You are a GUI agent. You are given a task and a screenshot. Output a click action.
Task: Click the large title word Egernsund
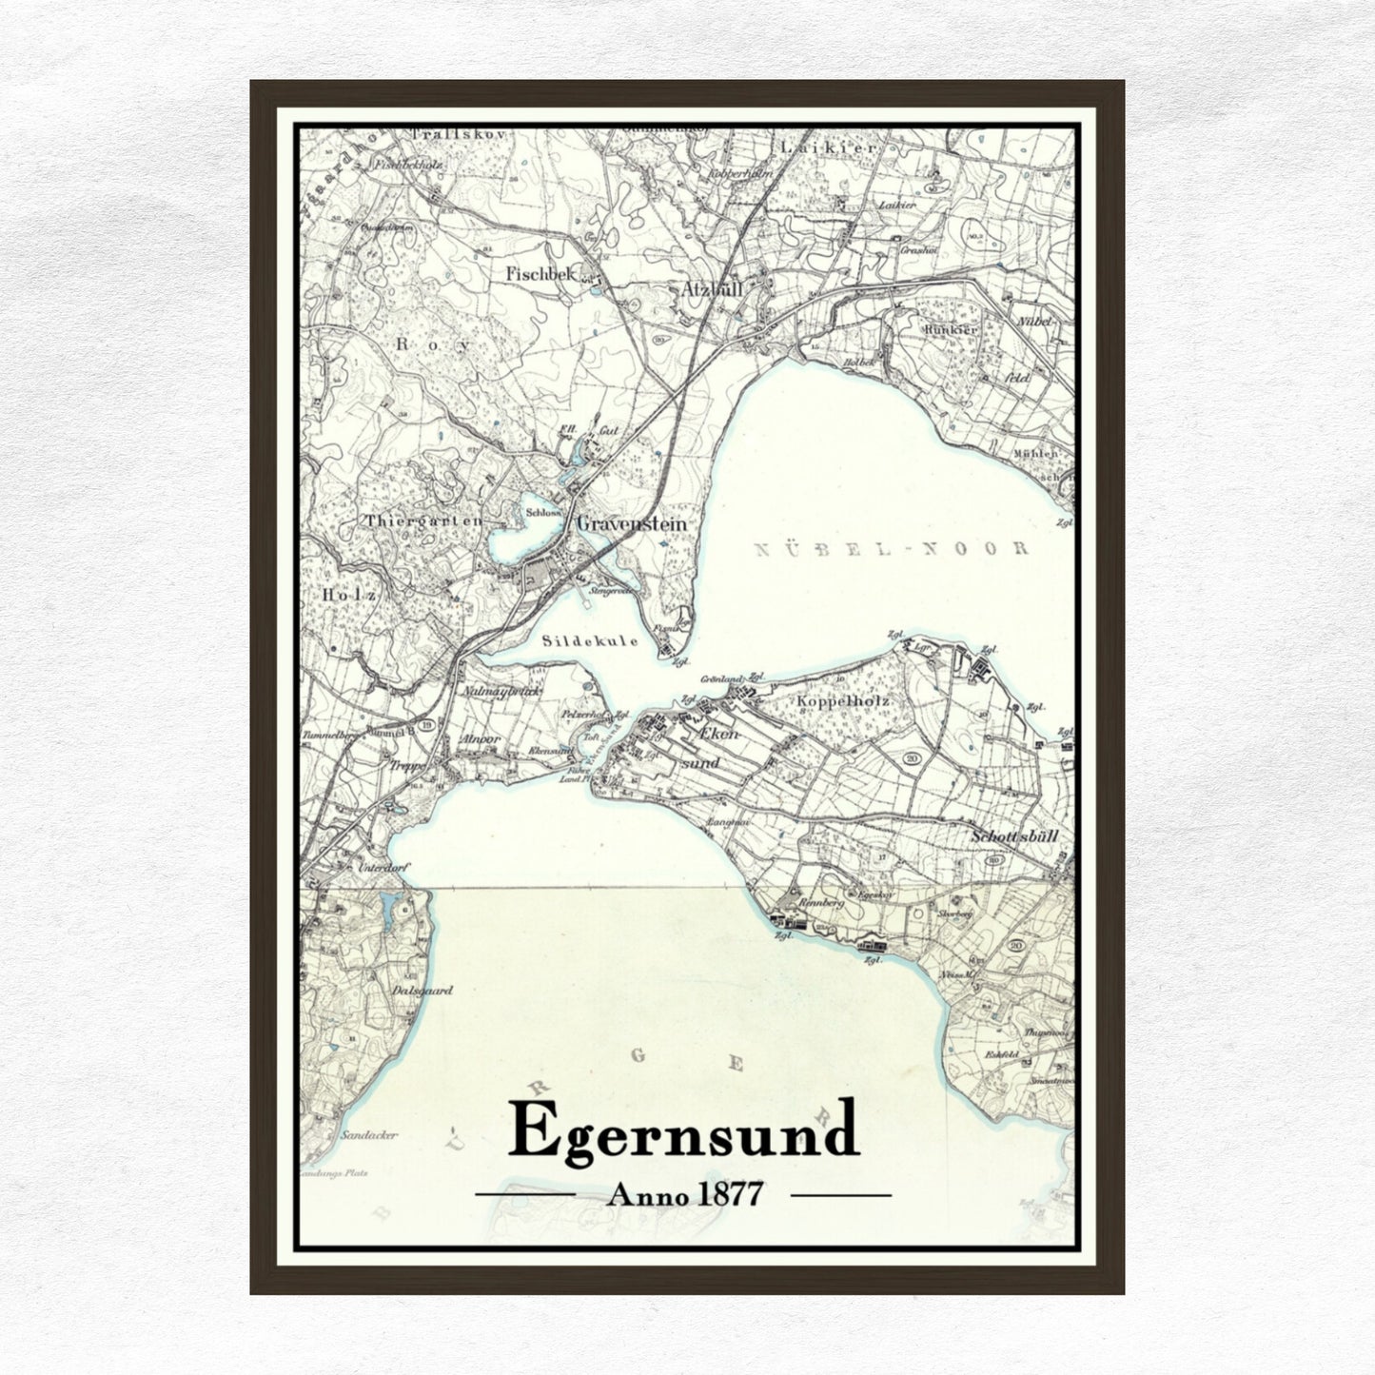(x=683, y=1130)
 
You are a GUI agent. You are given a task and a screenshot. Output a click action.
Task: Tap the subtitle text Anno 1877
(x=684, y=1193)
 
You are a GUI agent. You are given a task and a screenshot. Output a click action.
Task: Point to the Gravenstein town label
(x=632, y=523)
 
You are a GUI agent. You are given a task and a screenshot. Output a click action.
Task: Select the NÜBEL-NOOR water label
(x=891, y=549)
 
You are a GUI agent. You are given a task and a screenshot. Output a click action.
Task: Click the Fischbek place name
(x=540, y=273)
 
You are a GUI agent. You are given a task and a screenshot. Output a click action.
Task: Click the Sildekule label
(x=590, y=641)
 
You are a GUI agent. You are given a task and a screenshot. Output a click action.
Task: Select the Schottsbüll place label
(x=1014, y=836)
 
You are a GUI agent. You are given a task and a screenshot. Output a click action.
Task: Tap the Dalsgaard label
(x=422, y=990)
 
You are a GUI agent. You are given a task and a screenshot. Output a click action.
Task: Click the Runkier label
(x=950, y=329)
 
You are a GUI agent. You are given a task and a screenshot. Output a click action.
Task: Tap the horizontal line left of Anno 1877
(x=524, y=1193)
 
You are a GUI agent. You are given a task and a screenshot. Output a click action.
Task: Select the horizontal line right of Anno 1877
(x=841, y=1193)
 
